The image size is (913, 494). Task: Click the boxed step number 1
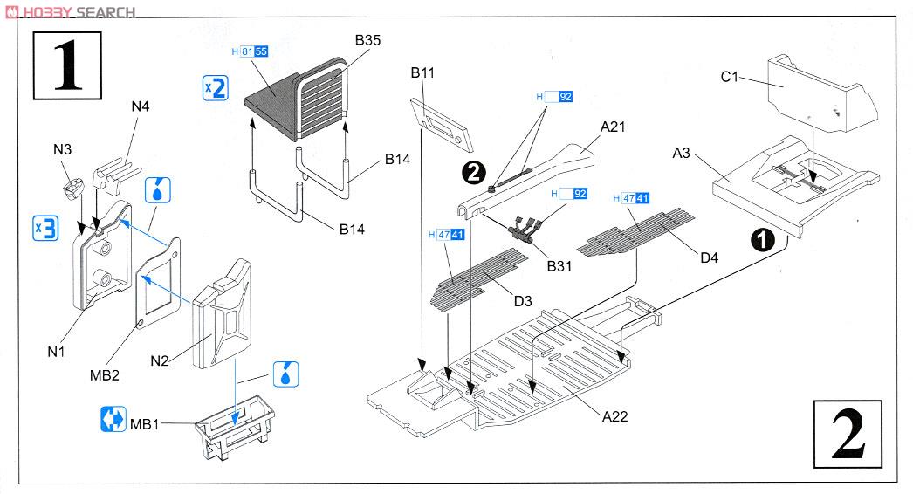click(67, 65)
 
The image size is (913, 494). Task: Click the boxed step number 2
click(848, 434)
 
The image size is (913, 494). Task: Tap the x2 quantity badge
click(215, 88)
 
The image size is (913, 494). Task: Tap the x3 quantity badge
click(46, 228)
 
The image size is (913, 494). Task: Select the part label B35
click(367, 40)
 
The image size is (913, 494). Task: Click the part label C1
click(729, 76)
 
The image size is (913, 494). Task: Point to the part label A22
click(614, 416)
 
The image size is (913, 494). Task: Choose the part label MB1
click(144, 424)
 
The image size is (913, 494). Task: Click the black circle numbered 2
click(473, 172)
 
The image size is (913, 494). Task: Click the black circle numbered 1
click(763, 239)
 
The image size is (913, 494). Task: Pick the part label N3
click(62, 149)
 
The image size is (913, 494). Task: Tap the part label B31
click(559, 266)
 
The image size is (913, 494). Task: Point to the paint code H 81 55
click(250, 51)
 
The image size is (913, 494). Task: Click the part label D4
click(710, 257)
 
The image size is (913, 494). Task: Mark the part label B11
click(422, 72)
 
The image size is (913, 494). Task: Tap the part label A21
click(613, 127)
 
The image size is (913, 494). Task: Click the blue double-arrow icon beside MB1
click(113, 419)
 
